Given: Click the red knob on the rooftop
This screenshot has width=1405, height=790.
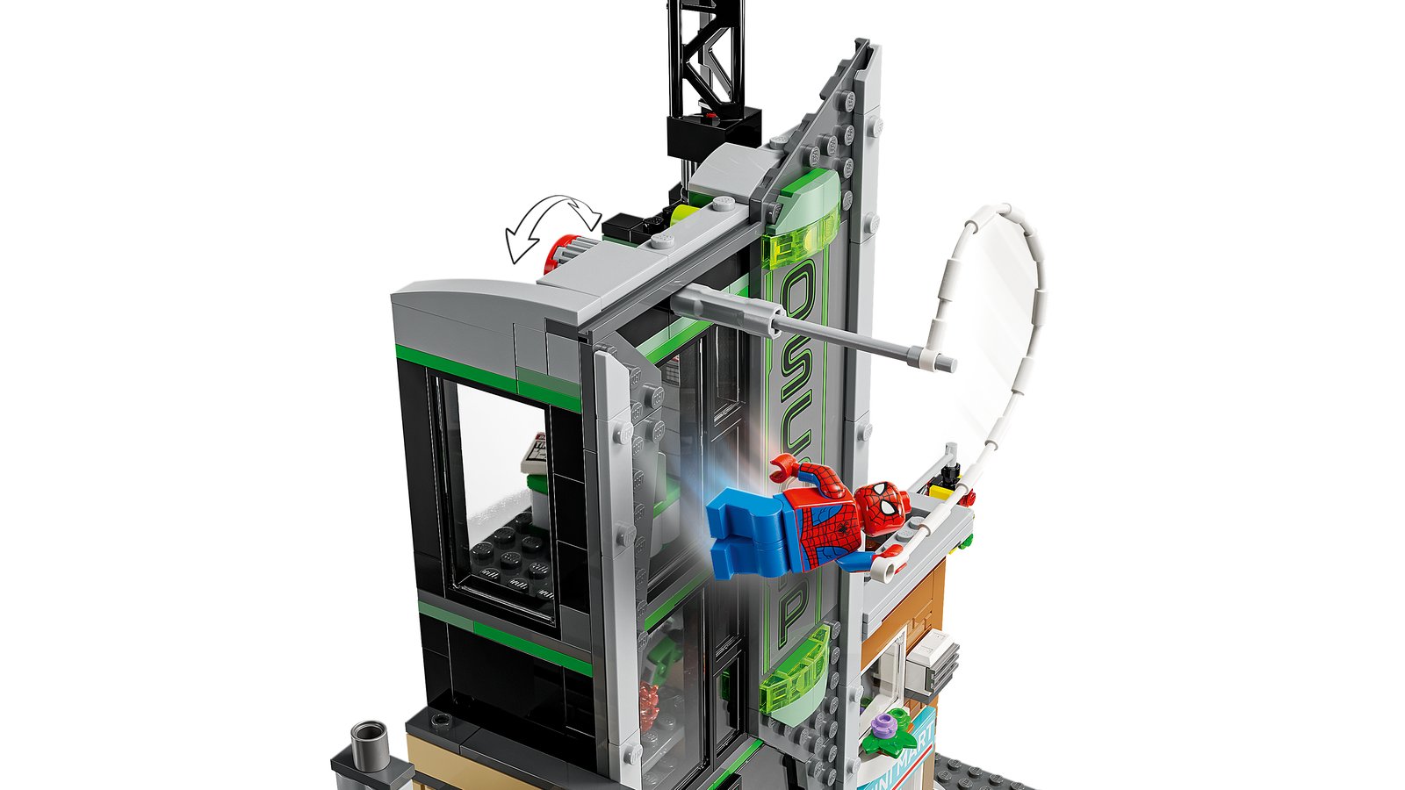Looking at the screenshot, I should coord(558,254).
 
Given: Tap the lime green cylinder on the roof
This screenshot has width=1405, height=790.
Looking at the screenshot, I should coord(681,213).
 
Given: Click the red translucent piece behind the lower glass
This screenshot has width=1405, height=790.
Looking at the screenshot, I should coord(648,707).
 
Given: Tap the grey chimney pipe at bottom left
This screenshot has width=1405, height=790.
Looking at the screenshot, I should coord(369,743).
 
